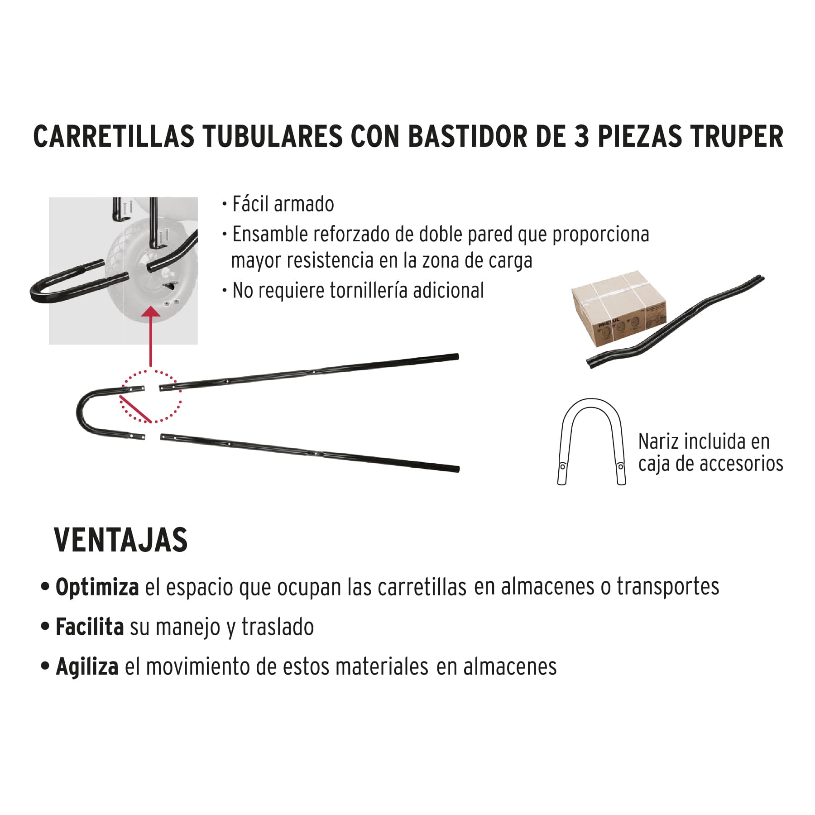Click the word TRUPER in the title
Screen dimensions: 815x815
[x=737, y=136]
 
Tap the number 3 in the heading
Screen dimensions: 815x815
[x=582, y=136]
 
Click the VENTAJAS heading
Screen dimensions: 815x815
[x=120, y=540]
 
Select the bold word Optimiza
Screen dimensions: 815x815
[x=97, y=587]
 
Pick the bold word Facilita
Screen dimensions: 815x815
[x=90, y=627]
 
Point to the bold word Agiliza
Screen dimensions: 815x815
[x=87, y=666]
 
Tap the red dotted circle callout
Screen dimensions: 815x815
[x=151, y=396]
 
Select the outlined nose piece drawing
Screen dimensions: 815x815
[x=591, y=441]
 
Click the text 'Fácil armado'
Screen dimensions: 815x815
[x=283, y=204]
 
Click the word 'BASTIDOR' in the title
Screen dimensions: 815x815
[x=467, y=136]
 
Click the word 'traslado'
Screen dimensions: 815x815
[x=277, y=627]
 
